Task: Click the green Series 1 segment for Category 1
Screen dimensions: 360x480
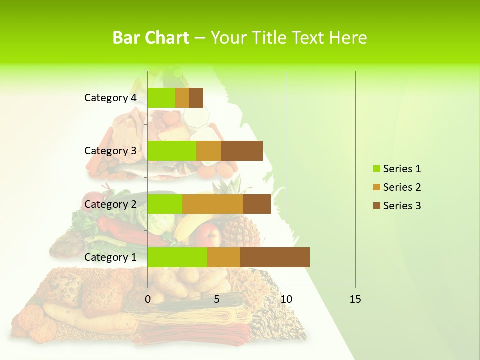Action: pos(177,257)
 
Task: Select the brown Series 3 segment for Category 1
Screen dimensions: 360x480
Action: pos(275,257)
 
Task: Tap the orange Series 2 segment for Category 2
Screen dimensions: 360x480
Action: pos(213,204)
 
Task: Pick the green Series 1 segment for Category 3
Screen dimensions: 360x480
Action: pos(172,151)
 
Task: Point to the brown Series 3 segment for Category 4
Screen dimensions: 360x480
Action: pos(196,98)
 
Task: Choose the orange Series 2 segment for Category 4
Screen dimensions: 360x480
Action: pos(182,98)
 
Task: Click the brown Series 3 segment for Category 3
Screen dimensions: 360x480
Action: pos(242,151)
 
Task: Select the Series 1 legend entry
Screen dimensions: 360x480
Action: pos(397,169)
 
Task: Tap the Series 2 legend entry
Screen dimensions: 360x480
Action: pos(397,187)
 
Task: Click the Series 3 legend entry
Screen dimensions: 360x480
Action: pos(397,206)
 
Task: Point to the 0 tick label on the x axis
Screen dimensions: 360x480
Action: pos(148,299)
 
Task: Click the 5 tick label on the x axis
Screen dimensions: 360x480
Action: pos(217,299)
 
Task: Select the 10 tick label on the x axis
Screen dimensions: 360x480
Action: pos(286,299)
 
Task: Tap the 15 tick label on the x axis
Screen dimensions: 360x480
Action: pos(355,299)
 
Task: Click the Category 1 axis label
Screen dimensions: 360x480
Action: pos(110,257)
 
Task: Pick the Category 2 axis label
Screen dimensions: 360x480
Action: pos(110,204)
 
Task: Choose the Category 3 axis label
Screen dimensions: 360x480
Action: pos(110,151)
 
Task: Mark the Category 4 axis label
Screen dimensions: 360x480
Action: pos(110,98)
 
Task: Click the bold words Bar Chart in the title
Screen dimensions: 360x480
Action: pos(151,38)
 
